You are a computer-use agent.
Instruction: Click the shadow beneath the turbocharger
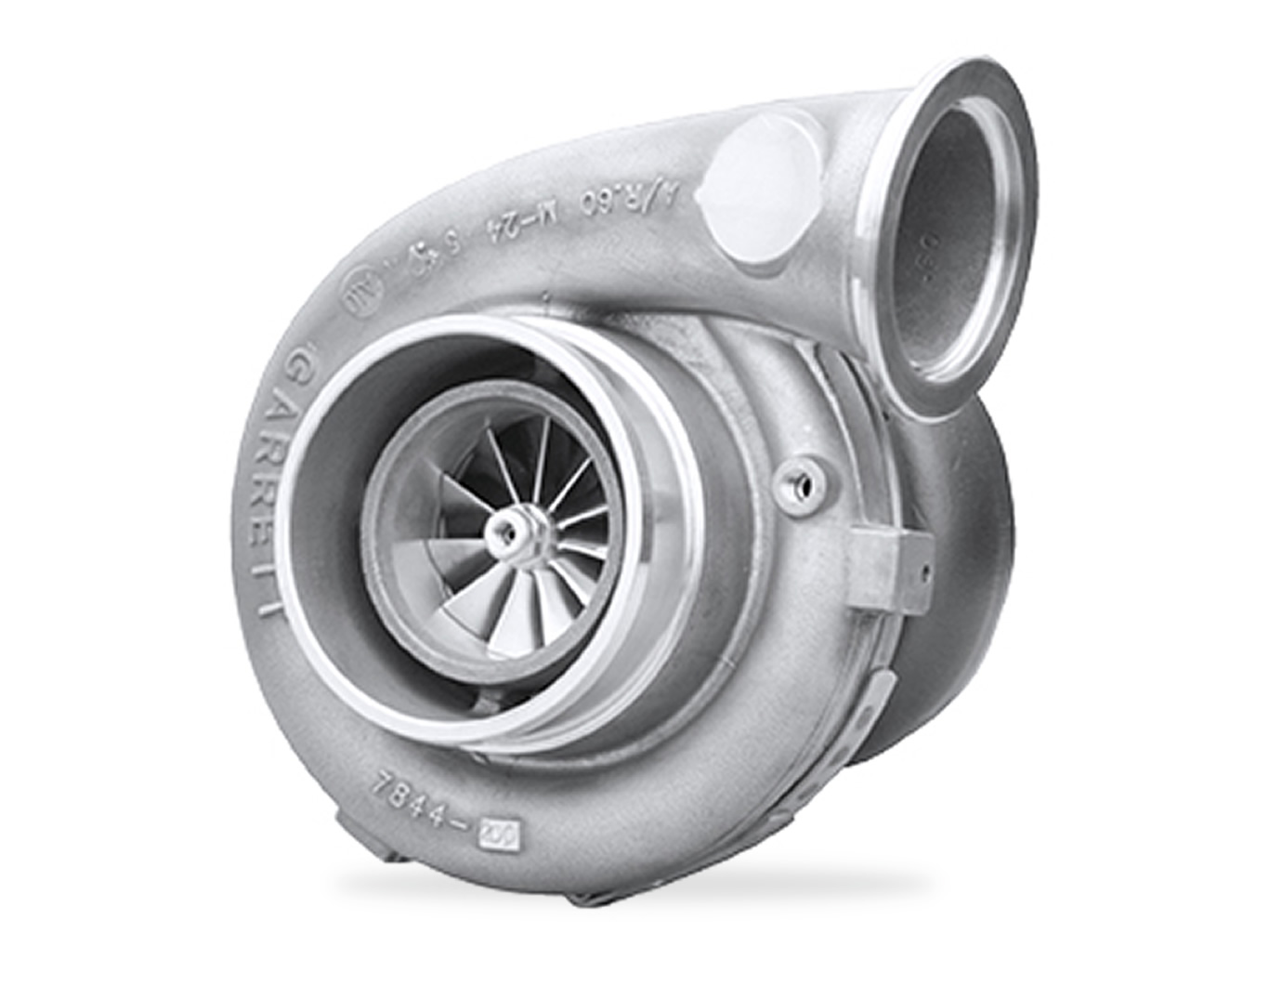(632, 883)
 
